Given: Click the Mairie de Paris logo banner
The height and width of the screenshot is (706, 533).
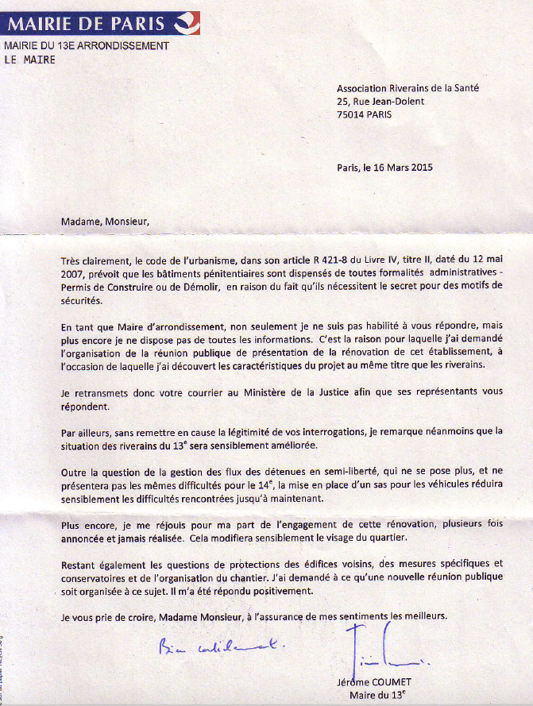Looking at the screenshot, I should (x=101, y=23).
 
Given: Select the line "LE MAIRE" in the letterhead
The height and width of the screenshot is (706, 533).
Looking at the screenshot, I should (x=30, y=60).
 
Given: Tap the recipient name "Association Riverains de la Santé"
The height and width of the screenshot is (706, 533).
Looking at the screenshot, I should (x=407, y=88).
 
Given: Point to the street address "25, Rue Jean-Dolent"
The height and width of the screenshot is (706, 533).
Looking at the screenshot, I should (x=380, y=101).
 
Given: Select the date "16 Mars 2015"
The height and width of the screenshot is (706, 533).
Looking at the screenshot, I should (x=402, y=167).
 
